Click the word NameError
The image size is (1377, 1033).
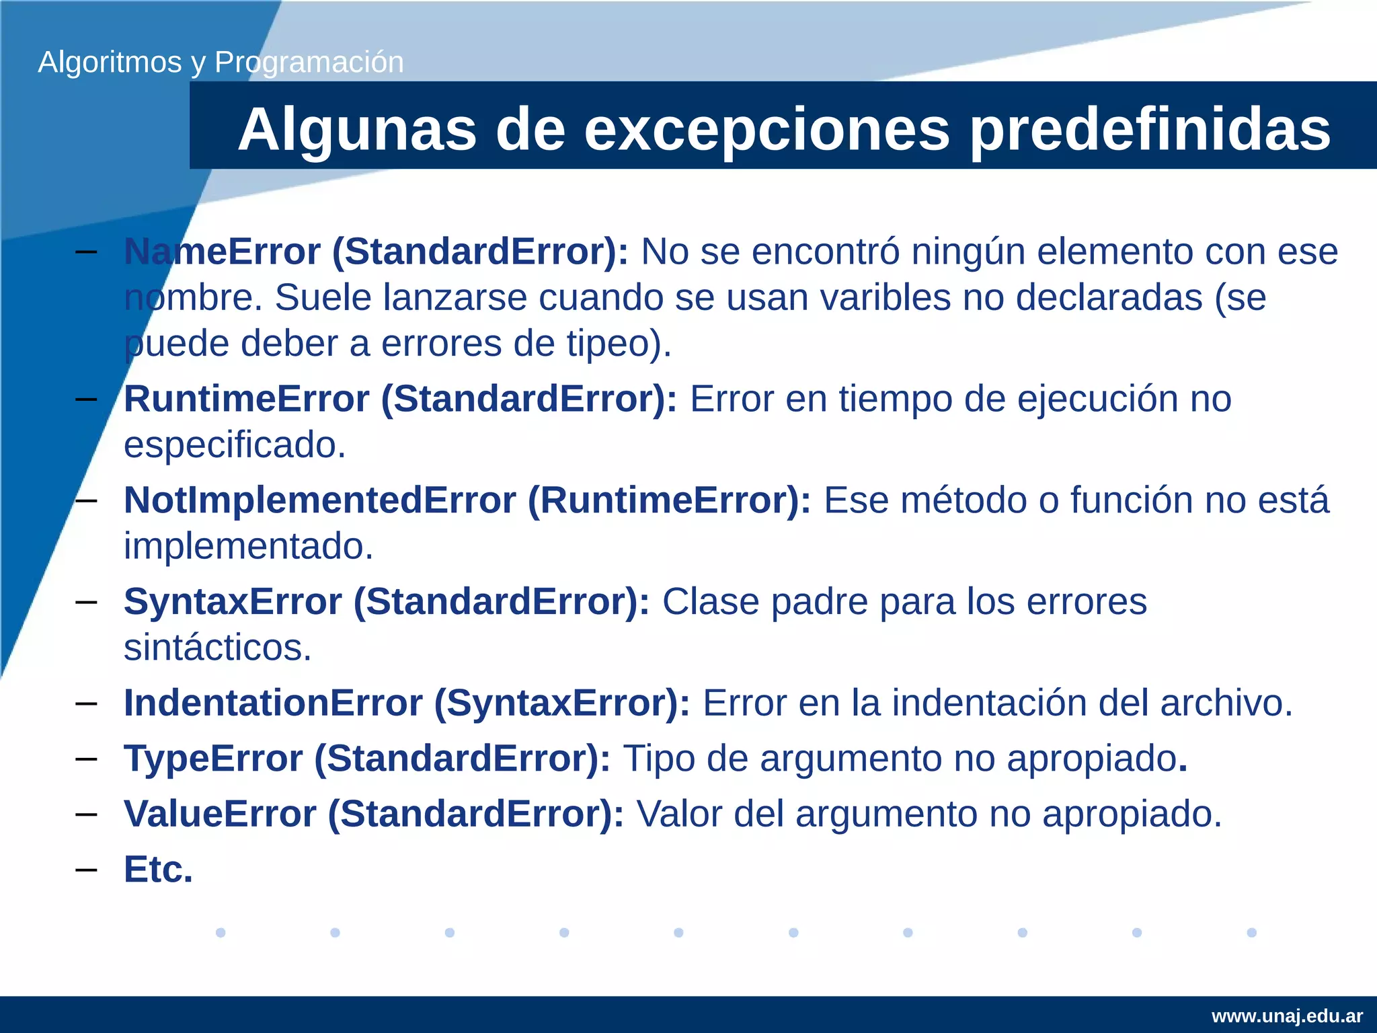pos(223,252)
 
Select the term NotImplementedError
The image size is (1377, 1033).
pos(320,500)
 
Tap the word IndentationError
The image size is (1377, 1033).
pos(273,703)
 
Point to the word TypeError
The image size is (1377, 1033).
pos(213,759)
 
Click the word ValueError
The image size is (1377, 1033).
pos(220,814)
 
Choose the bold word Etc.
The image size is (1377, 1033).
pos(158,870)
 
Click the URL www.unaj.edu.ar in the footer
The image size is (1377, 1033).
pos(1287,1016)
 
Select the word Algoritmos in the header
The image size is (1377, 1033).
pos(110,63)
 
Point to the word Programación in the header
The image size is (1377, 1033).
pos(309,63)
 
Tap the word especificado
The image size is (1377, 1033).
pos(234,445)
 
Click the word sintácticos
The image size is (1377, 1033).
pos(217,648)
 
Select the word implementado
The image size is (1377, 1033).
pos(248,546)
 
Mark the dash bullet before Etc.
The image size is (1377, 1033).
pos(86,870)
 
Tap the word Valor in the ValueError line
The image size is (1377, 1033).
pos(678,814)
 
